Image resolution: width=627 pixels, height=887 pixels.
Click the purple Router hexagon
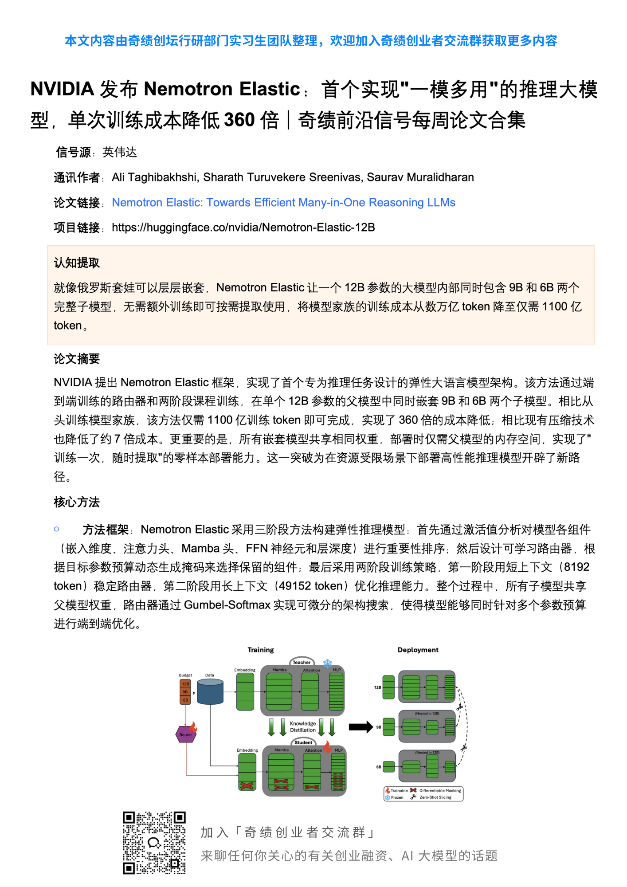(x=186, y=734)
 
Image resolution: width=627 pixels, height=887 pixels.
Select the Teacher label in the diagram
(x=302, y=662)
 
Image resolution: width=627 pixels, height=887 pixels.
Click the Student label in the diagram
(x=303, y=742)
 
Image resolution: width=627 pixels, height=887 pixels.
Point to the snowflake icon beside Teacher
(x=328, y=663)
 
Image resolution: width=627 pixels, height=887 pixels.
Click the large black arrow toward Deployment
(x=361, y=727)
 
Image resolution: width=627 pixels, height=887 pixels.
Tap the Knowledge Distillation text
(x=303, y=726)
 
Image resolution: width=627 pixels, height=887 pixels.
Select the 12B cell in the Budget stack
(x=185, y=684)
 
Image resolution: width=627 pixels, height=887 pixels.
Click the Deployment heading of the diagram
(x=418, y=650)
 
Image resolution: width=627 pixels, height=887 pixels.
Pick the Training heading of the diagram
(x=261, y=650)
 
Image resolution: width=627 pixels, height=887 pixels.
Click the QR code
(x=154, y=843)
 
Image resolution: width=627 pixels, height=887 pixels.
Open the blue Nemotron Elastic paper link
(x=283, y=203)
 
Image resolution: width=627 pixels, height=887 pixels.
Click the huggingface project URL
(x=243, y=228)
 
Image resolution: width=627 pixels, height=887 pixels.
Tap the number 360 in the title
(x=239, y=120)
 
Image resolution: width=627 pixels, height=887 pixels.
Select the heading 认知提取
(x=77, y=263)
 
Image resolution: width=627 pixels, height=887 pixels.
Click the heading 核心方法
(x=77, y=502)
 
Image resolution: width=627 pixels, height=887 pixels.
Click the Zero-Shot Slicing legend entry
(x=435, y=797)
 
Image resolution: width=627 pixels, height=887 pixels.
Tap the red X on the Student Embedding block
(x=247, y=785)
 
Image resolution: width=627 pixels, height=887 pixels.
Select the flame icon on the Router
(x=193, y=727)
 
